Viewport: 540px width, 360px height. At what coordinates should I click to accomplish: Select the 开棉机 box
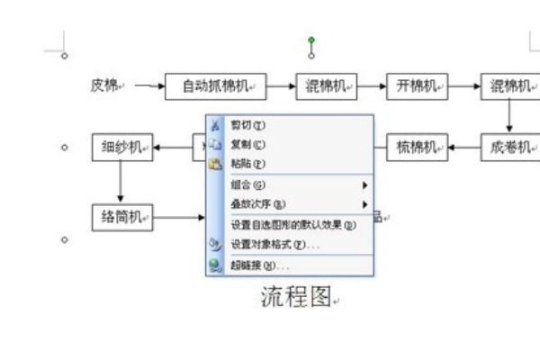(417, 86)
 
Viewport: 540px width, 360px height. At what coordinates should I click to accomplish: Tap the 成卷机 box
(509, 146)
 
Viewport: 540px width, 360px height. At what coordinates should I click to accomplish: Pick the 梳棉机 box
(417, 146)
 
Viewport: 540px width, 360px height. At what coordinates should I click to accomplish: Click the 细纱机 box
(121, 146)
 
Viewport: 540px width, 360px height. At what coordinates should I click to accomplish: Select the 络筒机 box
(121, 216)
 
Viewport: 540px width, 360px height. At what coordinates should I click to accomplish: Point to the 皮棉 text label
(104, 86)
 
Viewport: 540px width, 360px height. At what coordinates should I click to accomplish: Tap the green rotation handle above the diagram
(311, 40)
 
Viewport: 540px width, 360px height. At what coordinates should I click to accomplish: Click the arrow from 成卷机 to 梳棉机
(463, 146)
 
